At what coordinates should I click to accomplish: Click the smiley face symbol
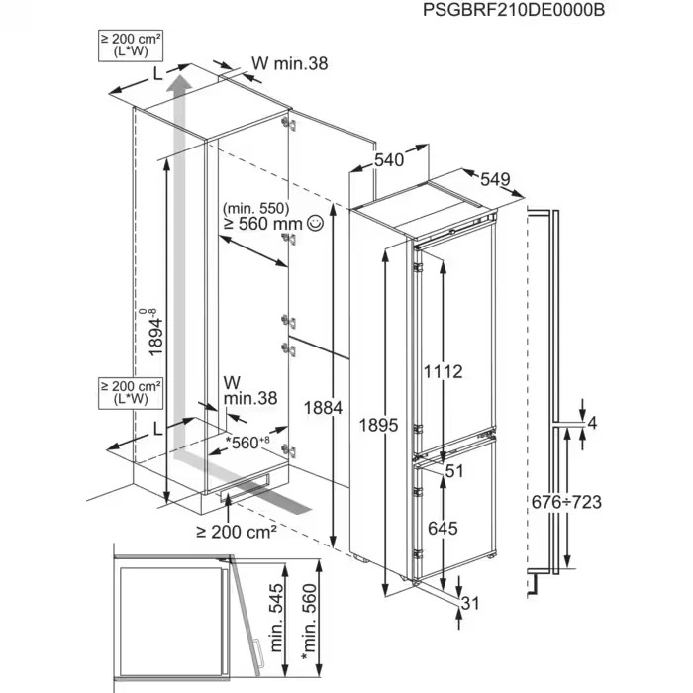click(315, 225)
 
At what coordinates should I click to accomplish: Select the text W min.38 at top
click(288, 63)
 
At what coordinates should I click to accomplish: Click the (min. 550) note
click(254, 208)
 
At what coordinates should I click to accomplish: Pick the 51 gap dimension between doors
click(454, 472)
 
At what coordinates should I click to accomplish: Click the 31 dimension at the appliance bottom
click(473, 603)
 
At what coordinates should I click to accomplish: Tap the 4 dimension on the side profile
click(592, 424)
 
